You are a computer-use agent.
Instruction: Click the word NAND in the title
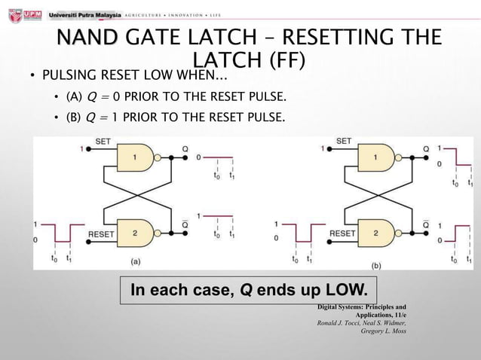87,37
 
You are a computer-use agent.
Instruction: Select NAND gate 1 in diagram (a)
135,157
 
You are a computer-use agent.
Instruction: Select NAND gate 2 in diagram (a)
135,233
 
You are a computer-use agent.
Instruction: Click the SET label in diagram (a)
103,141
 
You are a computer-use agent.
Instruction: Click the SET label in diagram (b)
344,141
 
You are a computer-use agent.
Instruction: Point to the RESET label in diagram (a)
101,234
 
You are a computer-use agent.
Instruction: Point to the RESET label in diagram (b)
342,234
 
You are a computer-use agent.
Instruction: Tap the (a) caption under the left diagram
136,261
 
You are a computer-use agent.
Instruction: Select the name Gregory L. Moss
384,331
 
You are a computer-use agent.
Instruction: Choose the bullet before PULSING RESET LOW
33,76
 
